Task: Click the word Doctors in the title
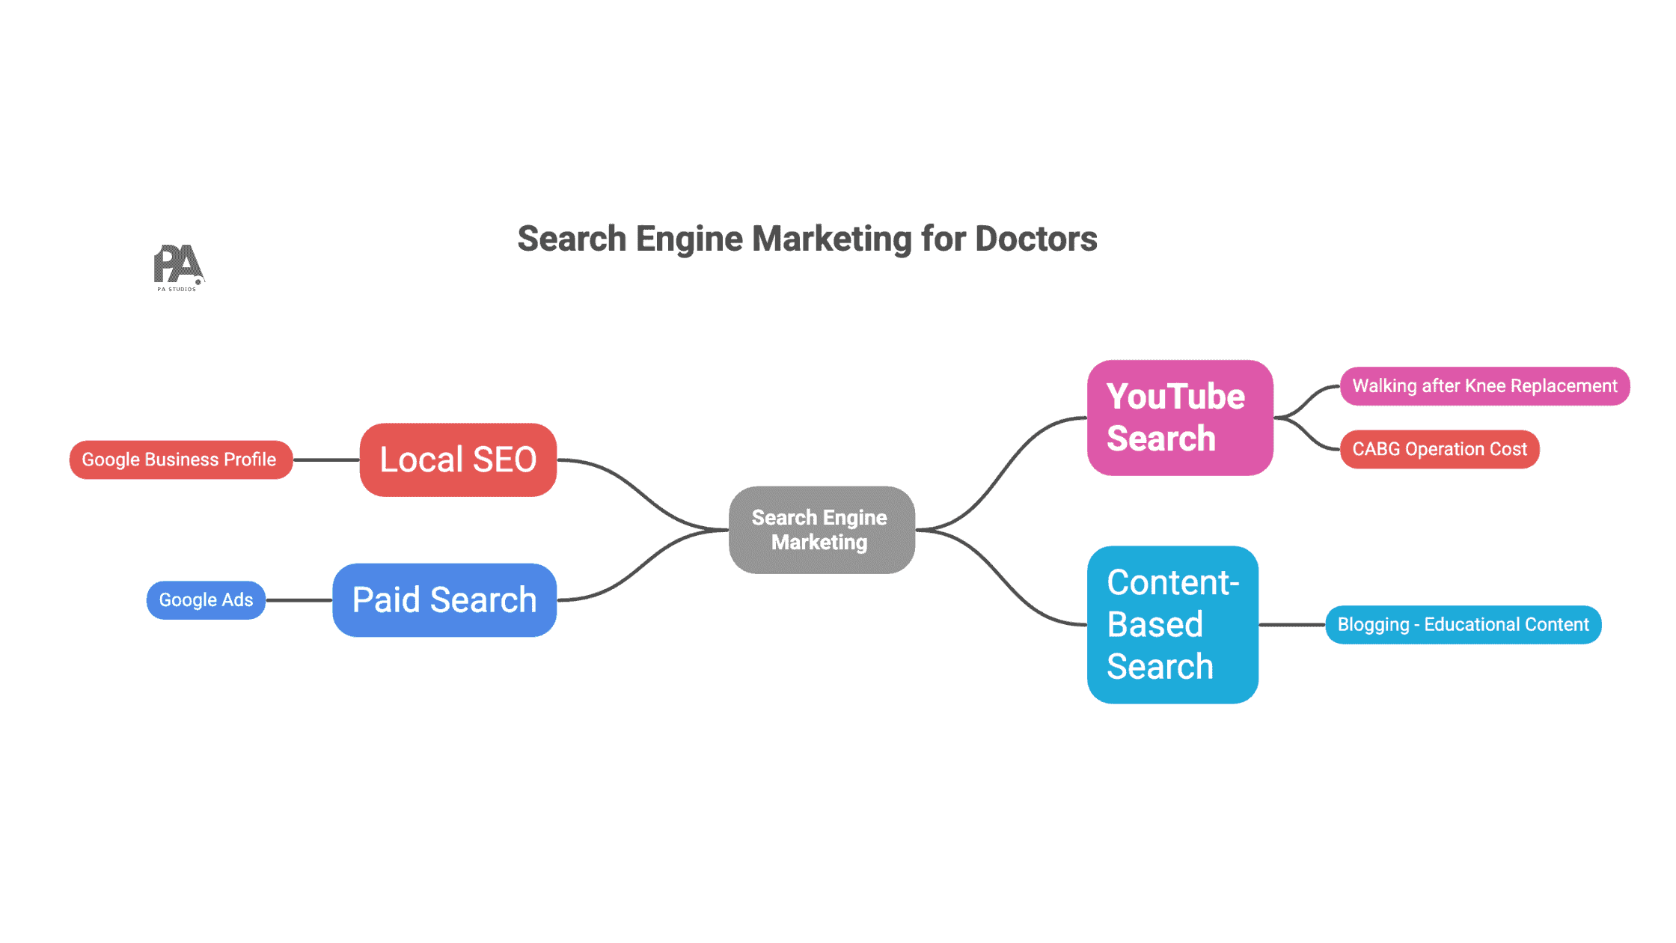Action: [1036, 239]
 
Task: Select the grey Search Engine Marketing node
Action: [821, 530]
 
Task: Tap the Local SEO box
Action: [458, 460]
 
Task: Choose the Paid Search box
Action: [444, 600]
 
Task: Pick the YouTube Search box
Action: [1179, 418]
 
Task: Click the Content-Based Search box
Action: [1172, 624]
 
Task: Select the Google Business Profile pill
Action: [180, 460]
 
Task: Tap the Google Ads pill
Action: [206, 600]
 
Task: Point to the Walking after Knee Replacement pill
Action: [1484, 386]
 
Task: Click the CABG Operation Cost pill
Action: [1439, 449]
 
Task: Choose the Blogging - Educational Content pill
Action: [1463, 625]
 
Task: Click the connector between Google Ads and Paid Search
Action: [299, 600]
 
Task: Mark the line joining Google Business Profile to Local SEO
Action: [326, 460]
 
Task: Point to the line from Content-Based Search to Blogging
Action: [1291, 625]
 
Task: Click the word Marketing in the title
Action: [831, 239]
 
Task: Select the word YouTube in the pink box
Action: [1175, 397]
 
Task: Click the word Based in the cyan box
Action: [1154, 624]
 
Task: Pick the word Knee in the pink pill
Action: [1484, 386]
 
